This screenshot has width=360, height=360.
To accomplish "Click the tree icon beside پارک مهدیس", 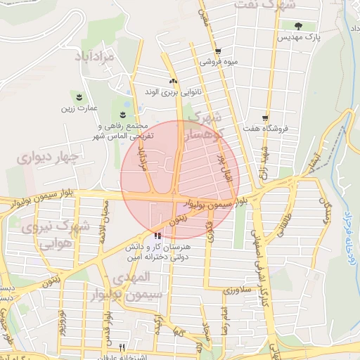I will [298, 27].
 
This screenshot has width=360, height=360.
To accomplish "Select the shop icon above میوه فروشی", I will [218, 51].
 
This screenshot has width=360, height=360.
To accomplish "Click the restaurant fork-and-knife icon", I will [122, 347].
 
